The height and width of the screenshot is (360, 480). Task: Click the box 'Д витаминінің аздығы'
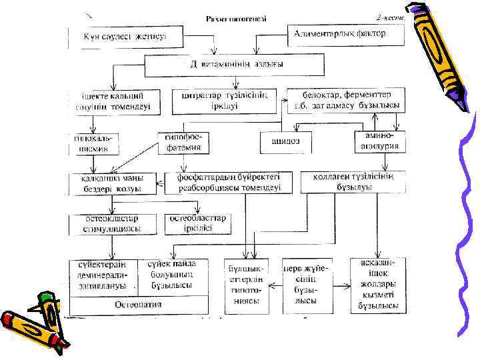click(233, 65)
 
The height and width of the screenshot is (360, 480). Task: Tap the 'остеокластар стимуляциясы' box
click(113, 223)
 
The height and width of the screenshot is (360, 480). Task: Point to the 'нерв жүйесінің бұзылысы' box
click(307, 285)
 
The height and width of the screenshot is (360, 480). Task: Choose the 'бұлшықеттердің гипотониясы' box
click(246, 285)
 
